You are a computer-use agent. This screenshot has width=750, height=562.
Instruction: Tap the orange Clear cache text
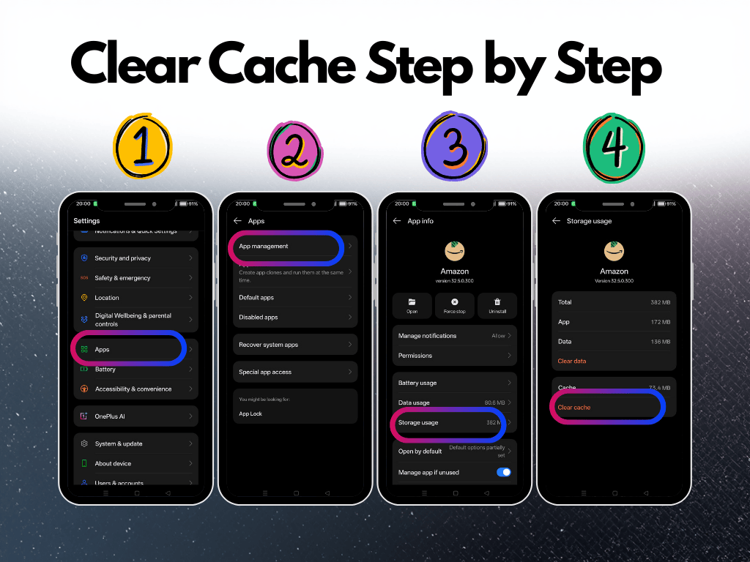[574, 408]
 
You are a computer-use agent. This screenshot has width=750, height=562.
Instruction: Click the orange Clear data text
[572, 361]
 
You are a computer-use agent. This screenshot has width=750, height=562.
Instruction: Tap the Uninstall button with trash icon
[497, 305]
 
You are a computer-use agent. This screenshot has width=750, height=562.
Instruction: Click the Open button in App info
[412, 305]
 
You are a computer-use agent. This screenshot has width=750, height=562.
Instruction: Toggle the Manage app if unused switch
[504, 472]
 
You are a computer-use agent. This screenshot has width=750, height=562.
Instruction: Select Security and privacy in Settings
[122, 258]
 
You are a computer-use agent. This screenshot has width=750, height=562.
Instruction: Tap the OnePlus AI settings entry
[110, 416]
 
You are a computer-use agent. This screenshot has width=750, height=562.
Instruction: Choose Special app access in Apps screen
[265, 372]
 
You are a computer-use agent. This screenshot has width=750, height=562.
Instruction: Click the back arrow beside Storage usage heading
[556, 221]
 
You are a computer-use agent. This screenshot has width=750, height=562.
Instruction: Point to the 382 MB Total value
[660, 302]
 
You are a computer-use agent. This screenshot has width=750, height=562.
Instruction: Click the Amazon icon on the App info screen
[455, 250]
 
